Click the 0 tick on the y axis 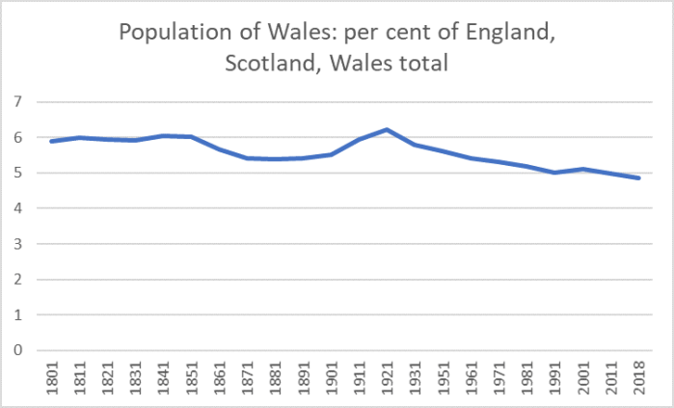tap(16, 350)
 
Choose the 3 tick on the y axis tap(16, 244)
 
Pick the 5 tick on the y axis tap(16, 174)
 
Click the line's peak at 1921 tap(387, 129)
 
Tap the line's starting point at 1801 tap(51, 142)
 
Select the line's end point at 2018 tap(638, 178)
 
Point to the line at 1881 tap(275, 159)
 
